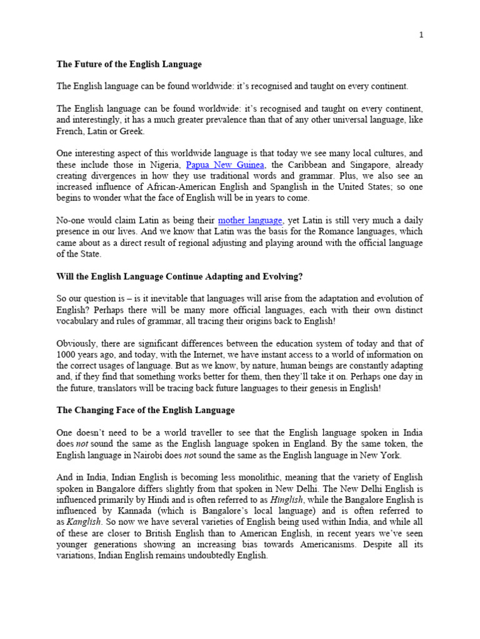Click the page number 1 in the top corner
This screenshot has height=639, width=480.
[421, 35]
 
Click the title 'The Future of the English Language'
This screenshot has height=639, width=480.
[129, 64]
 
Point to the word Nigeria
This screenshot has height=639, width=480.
[165, 165]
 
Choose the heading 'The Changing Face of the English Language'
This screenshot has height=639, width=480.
[146, 410]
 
